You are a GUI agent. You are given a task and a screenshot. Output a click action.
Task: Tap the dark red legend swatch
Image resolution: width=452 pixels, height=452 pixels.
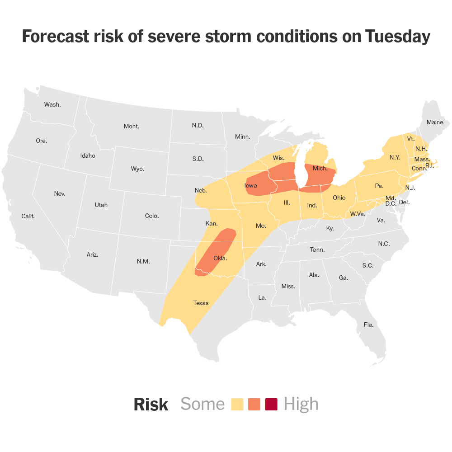[271, 404]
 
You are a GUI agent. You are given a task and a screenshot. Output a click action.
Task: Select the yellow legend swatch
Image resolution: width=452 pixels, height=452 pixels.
[237, 404]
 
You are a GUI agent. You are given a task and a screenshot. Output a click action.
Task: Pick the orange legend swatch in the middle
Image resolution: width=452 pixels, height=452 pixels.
[254, 404]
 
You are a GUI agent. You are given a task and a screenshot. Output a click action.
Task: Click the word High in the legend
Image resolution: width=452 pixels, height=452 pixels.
[301, 404]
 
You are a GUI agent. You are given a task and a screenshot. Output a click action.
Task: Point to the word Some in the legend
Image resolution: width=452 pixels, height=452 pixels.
[202, 404]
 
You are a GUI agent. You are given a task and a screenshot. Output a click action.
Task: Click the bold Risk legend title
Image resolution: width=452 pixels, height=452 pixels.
[151, 405]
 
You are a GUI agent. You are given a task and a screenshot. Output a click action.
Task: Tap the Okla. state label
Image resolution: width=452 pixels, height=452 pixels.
[220, 259]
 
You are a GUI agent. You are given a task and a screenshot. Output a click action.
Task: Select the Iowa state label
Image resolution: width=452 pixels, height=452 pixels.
[251, 186]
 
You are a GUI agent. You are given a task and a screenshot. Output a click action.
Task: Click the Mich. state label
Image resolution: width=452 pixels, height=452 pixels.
[320, 168]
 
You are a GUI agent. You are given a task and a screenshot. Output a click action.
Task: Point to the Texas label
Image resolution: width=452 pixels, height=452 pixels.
[201, 303]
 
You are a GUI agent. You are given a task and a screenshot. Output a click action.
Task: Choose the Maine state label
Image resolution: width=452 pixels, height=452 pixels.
[435, 122]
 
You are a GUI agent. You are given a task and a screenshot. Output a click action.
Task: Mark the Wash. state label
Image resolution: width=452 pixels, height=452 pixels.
[52, 104]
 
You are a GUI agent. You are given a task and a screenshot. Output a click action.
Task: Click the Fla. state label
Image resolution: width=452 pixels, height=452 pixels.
[368, 325]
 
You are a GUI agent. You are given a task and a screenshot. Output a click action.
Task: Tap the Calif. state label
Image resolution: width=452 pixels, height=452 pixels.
[28, 216]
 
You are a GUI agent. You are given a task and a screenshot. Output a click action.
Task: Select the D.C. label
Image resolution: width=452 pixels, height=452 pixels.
[391, 203]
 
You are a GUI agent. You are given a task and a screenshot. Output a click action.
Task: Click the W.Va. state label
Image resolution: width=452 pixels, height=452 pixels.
[358, 213]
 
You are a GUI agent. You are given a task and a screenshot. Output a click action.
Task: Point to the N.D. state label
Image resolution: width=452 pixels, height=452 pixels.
[198, 125]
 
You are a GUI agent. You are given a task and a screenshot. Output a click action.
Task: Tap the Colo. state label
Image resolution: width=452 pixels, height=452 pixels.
[152, 216]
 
